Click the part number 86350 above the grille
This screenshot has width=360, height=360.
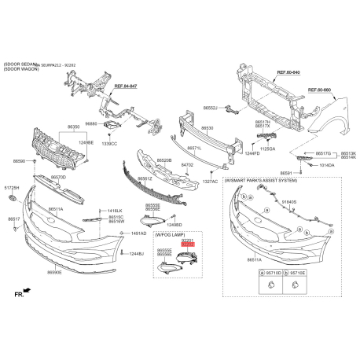click(73, 126)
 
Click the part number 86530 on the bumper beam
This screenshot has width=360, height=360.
click(208, 127)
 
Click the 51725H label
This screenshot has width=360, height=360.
click(12, 189)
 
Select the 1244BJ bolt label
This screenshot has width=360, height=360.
click(136, 254)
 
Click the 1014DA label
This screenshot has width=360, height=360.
click(325, 166)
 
